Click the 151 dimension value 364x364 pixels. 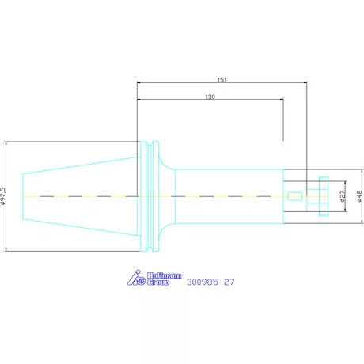(222, 80)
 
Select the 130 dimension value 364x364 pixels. (210, 97)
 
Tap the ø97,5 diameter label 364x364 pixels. (2, 196)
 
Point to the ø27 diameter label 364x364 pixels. (342, 196)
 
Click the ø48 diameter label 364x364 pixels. (359, 196)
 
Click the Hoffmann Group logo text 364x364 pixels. (164, 279)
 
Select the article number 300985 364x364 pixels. (203, 282)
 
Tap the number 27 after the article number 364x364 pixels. (229, 282)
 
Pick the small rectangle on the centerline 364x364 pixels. (295, 196)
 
